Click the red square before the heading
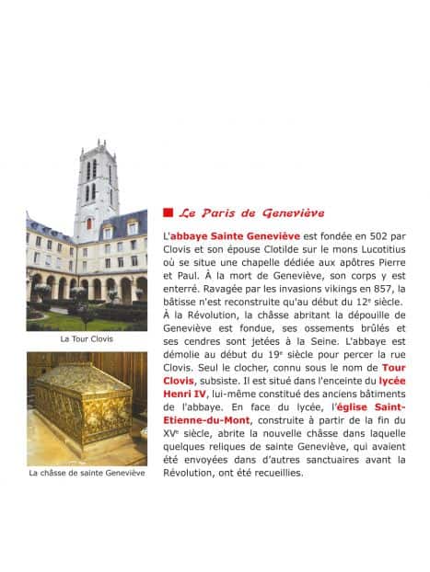pyautogui.click(x=167, y=212)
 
